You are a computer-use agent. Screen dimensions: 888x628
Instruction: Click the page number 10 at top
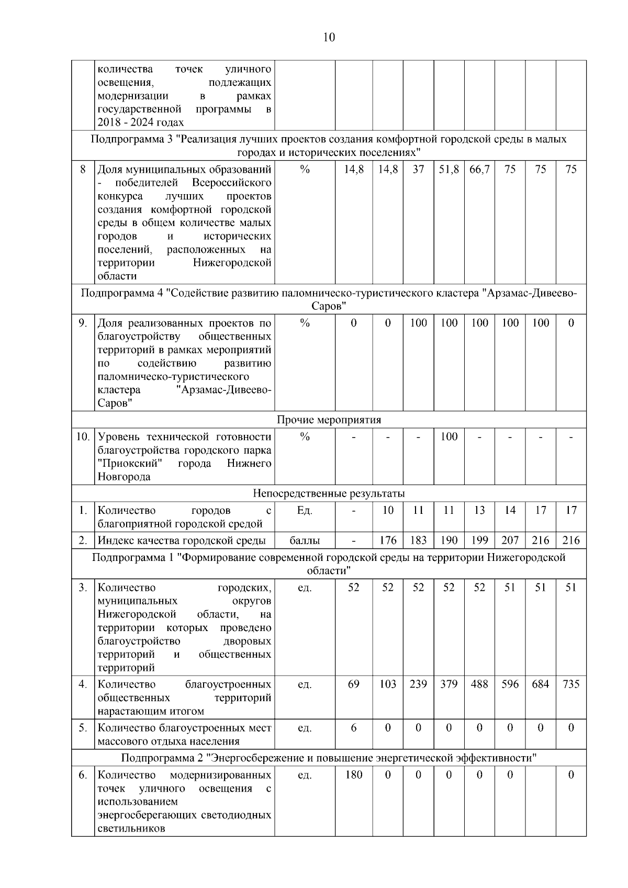coord(329,37)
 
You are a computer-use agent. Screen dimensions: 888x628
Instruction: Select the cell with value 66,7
coord(479,170)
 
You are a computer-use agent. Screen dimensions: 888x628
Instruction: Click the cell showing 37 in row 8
coord(418,170)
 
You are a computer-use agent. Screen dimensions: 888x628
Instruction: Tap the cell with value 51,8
coord(448,170)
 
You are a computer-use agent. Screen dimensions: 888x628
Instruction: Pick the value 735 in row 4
coord(571,684)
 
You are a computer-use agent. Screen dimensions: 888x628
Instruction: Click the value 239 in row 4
coord(418,684)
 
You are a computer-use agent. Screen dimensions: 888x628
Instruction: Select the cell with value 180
coord(354,774)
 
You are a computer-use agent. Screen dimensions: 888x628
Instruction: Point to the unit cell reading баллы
coord(305,541)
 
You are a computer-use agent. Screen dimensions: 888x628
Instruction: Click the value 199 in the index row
coord(479,541)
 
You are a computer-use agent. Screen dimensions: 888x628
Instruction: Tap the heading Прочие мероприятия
coord(329,420)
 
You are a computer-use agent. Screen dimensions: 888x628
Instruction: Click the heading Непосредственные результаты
coord(329,493)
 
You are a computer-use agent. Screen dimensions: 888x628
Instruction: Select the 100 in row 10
coord(448,436)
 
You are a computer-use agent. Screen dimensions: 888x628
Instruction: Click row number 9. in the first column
coord(83,323)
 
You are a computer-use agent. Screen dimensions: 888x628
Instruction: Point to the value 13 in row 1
coord(479,510)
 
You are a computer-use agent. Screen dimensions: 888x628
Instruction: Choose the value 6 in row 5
coord(354,727)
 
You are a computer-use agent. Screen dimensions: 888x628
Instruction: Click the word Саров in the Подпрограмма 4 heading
coord(329,306)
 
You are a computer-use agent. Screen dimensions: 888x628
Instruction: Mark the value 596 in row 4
coord(510,684)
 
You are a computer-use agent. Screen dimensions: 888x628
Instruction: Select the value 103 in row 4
coord(388,684)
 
